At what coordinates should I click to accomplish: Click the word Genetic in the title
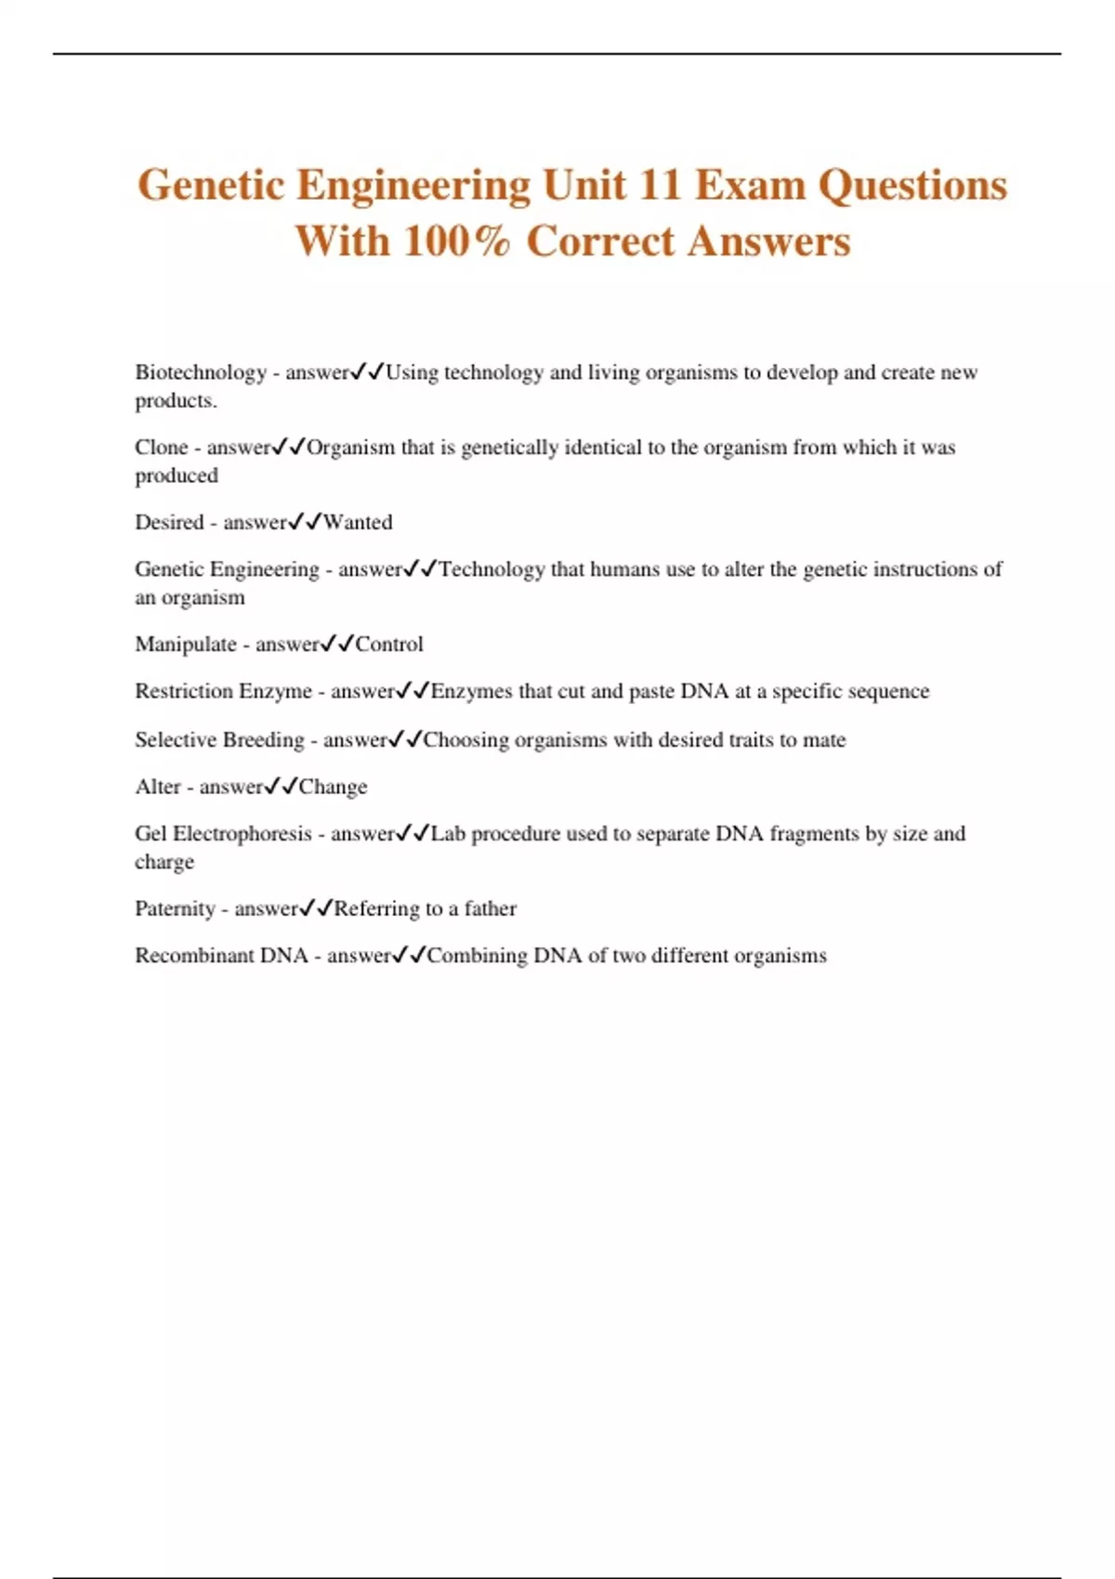211,185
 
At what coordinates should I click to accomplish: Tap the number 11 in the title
660,185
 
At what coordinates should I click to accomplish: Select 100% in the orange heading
456,241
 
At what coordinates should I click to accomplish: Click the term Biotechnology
201,372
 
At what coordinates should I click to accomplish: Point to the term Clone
162,448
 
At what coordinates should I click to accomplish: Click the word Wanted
358,522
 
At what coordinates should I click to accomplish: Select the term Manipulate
186,645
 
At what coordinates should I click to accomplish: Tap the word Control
389,645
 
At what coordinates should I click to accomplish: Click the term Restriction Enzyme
223,691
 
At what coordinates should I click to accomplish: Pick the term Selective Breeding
219,740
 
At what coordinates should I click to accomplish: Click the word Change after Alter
333,787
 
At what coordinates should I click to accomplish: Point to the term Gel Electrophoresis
223,834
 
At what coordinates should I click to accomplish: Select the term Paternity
175,908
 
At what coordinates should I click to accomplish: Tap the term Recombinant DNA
221,956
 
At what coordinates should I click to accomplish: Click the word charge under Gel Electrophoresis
164,862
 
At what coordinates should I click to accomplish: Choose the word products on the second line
175,401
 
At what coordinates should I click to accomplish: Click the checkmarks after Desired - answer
305,522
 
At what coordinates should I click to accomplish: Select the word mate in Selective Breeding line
824,740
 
